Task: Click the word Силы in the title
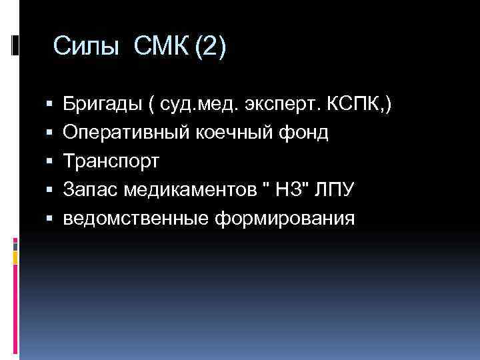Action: pos(87,47)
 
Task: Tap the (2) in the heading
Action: pos(210,47)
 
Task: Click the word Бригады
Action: pos(100,105)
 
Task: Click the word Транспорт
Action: pos(111,162)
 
